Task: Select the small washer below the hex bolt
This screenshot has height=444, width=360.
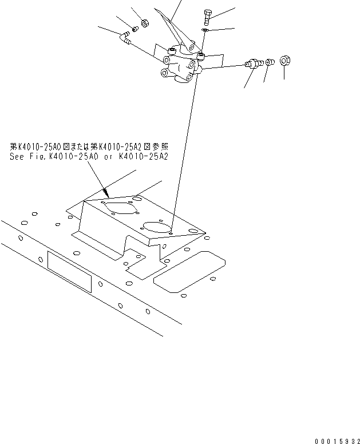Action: [x=205, y=29]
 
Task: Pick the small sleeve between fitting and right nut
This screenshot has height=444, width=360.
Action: [x=271, y=61]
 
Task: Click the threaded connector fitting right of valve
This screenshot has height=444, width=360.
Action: [x=252, y=63]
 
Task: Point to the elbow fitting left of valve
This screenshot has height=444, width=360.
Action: [x=124, y=39]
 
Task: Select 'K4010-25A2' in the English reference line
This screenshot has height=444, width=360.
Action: [x=145, y=156]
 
